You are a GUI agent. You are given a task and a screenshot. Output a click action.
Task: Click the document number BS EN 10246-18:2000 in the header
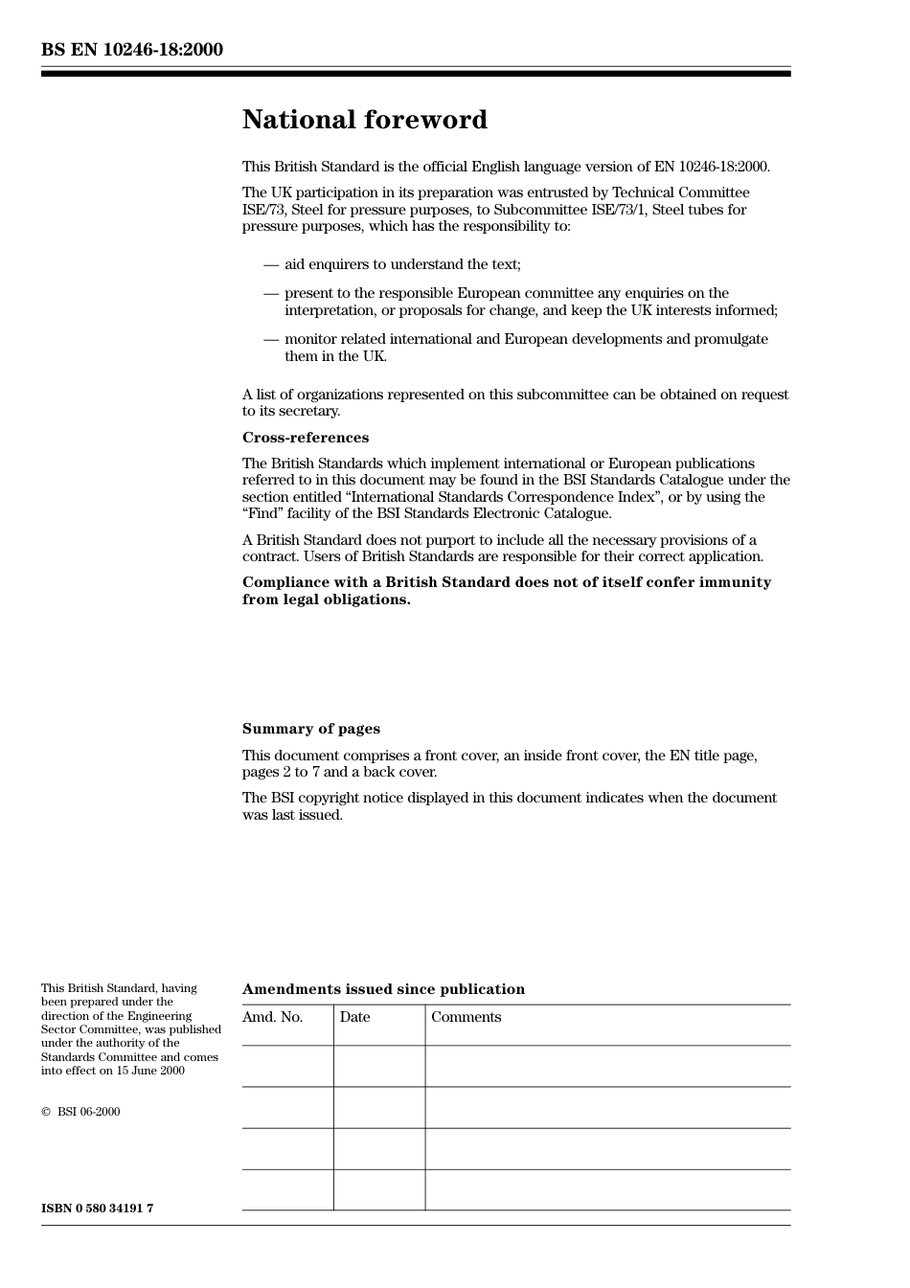point(132,50)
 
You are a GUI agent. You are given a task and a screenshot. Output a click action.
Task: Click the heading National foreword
point(364,120)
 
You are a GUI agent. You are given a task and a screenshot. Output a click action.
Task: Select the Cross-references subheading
point(305,438)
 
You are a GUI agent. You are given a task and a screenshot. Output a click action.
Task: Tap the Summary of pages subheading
point(310,729)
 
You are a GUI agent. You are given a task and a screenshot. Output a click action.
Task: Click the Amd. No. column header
point(272,1017)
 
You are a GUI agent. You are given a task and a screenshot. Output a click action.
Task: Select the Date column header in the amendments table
point(354,1017)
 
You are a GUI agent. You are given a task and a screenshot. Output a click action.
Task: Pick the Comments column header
point(466,1017)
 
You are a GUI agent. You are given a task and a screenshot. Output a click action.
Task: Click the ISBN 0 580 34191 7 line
point(97,1208)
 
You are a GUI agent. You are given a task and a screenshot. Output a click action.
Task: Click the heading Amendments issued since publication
point(383,989)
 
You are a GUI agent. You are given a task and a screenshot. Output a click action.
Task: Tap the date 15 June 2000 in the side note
point(150,1071)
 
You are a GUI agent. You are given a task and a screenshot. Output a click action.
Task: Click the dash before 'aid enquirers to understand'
point(271,265)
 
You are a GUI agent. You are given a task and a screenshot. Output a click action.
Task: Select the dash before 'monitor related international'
point(271,340)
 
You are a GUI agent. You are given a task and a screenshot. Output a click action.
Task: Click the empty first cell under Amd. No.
point(287,1066)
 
